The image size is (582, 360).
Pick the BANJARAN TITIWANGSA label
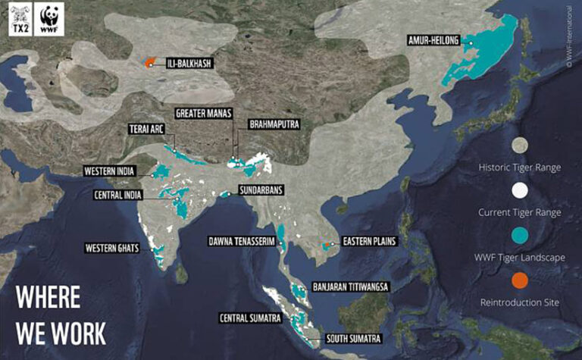tap(350, 288)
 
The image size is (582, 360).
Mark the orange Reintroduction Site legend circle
tap(520, 282)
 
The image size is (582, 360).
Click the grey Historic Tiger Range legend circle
tap(520, 145)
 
